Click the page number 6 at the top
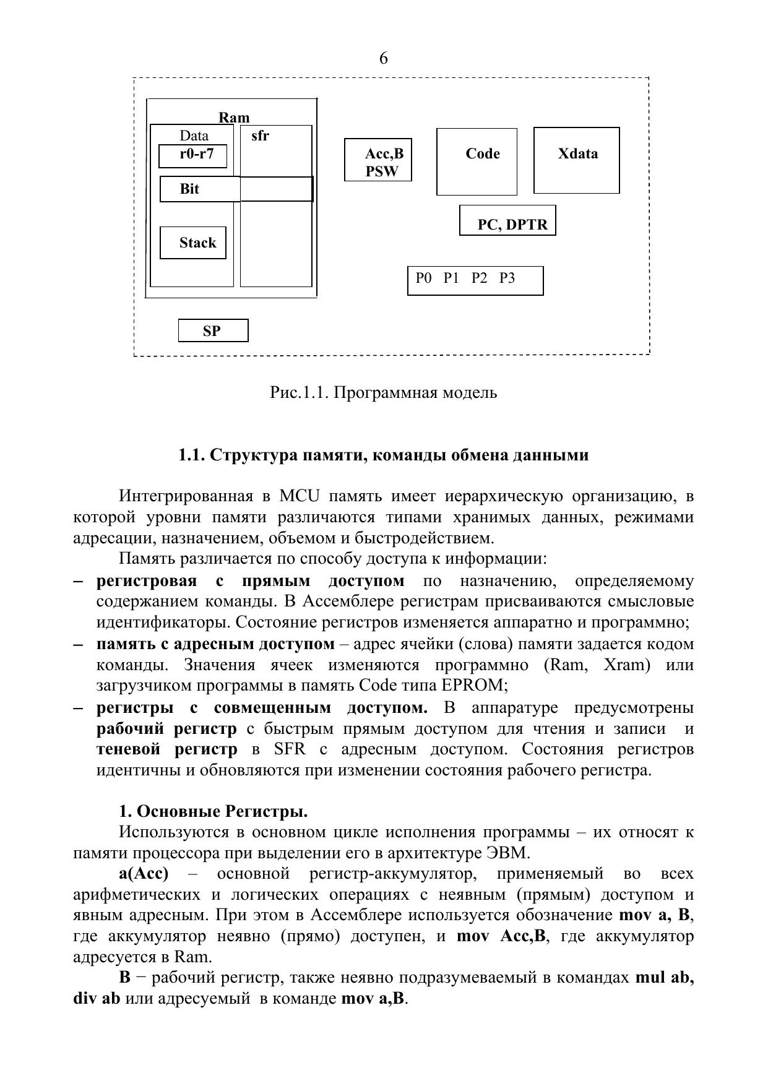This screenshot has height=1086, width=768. point(384,58)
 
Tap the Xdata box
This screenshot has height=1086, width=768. point(577,160)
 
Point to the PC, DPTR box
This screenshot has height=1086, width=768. point(507,221)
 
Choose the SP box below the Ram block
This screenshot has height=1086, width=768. point(213,330)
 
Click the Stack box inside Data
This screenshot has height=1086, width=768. point(193,243)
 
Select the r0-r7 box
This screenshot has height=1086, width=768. point(193,155)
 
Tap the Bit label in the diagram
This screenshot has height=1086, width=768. point(189,189)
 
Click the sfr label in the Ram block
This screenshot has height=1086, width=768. point(261,136)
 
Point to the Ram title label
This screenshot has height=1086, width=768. point(234,118)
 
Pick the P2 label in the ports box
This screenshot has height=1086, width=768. point(479,278)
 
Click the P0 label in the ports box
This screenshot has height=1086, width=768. point(423,278)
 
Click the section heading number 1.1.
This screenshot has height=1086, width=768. point(191,455)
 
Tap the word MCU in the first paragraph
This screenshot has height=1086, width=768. point(299,496)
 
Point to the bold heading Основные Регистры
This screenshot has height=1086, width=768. point(222,811)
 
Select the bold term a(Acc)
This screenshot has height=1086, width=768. point(144,874)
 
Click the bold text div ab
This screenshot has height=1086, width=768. point(97,999)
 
